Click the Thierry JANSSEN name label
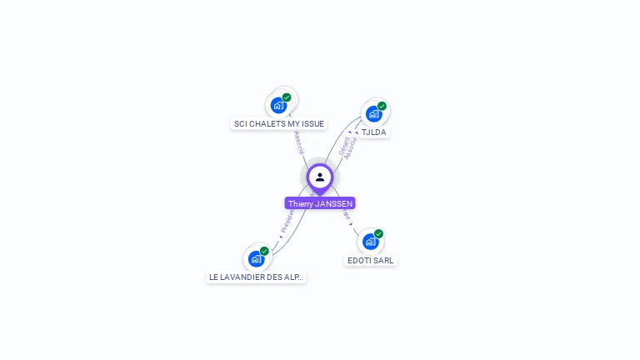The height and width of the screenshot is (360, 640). click(320, 203)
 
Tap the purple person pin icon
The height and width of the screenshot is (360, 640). click(320, 177)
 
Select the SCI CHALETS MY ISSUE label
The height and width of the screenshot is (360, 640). click(278, 123)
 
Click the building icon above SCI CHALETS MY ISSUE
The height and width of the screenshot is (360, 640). click(278, 106)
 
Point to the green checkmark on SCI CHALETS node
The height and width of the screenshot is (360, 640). click(287, 97)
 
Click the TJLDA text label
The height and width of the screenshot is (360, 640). click(374, 132)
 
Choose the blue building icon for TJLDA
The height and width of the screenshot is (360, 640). click(373, 113)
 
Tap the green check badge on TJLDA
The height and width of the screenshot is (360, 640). click(382, 106)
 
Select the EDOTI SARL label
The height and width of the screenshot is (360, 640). click(371, 260)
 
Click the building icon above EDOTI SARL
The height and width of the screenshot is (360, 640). click(370, 242)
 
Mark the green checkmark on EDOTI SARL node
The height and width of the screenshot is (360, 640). click(378, 234)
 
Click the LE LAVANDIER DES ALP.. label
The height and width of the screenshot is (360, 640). click(257, 277)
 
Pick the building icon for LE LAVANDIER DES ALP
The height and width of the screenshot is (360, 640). click(256, 258)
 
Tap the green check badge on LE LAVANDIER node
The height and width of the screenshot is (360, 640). click(264, 251)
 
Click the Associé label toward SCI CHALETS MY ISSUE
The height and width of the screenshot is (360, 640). click(299, 142)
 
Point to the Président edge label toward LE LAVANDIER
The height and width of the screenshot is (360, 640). click(287, 219)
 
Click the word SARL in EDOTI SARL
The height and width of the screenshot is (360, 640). click(383, 260)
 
